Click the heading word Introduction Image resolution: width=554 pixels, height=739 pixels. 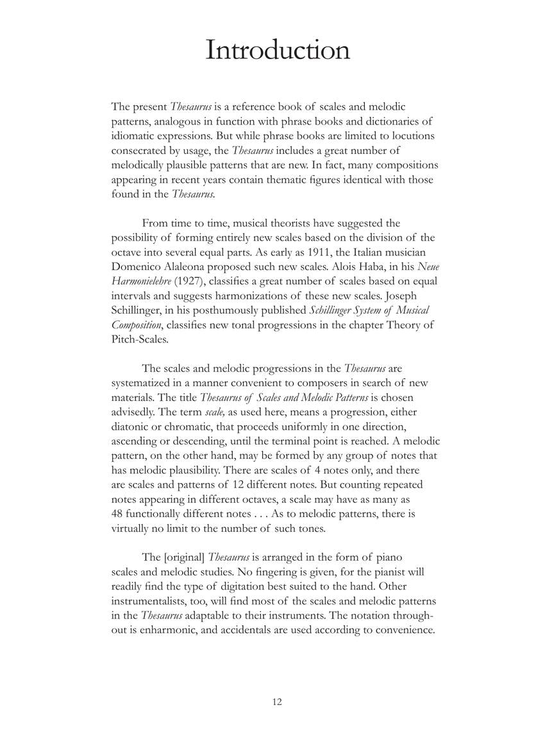click(x=277, y=51)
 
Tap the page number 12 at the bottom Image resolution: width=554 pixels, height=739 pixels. click(x=277, y=702)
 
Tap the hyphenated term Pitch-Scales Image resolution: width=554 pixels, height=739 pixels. click(x=139, y=339)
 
